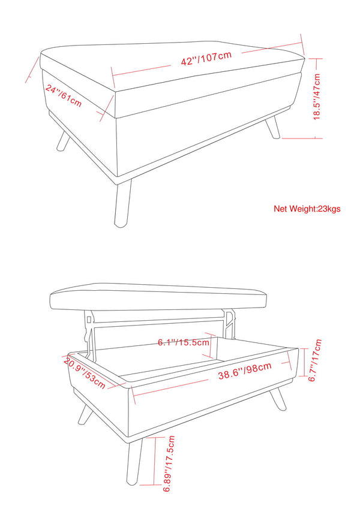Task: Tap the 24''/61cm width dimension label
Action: (x=64, y=96)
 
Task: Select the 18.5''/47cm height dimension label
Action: (x=317, y=97)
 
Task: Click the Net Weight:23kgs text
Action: (x=307, y=209)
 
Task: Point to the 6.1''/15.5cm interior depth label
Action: (x=184, y=342)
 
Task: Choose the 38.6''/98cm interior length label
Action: (x=245, y=371)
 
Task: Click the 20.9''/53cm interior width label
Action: (x=85, y=373)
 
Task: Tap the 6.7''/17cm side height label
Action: (x=315, y=360)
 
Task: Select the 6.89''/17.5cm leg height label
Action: (x=169, y=463)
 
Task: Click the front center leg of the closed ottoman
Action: (x=123, y=203)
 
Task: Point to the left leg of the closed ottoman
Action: (x=64, y=140)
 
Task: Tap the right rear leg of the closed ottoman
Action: (x=272, y=128)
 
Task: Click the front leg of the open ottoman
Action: (x=134, y=462)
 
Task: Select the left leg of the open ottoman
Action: (x=85, y=414)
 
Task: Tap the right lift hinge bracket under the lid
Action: (x=229, y=324)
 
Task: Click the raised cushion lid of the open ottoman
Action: (x=158, y=296)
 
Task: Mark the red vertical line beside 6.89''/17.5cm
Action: (x=155, y=461)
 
